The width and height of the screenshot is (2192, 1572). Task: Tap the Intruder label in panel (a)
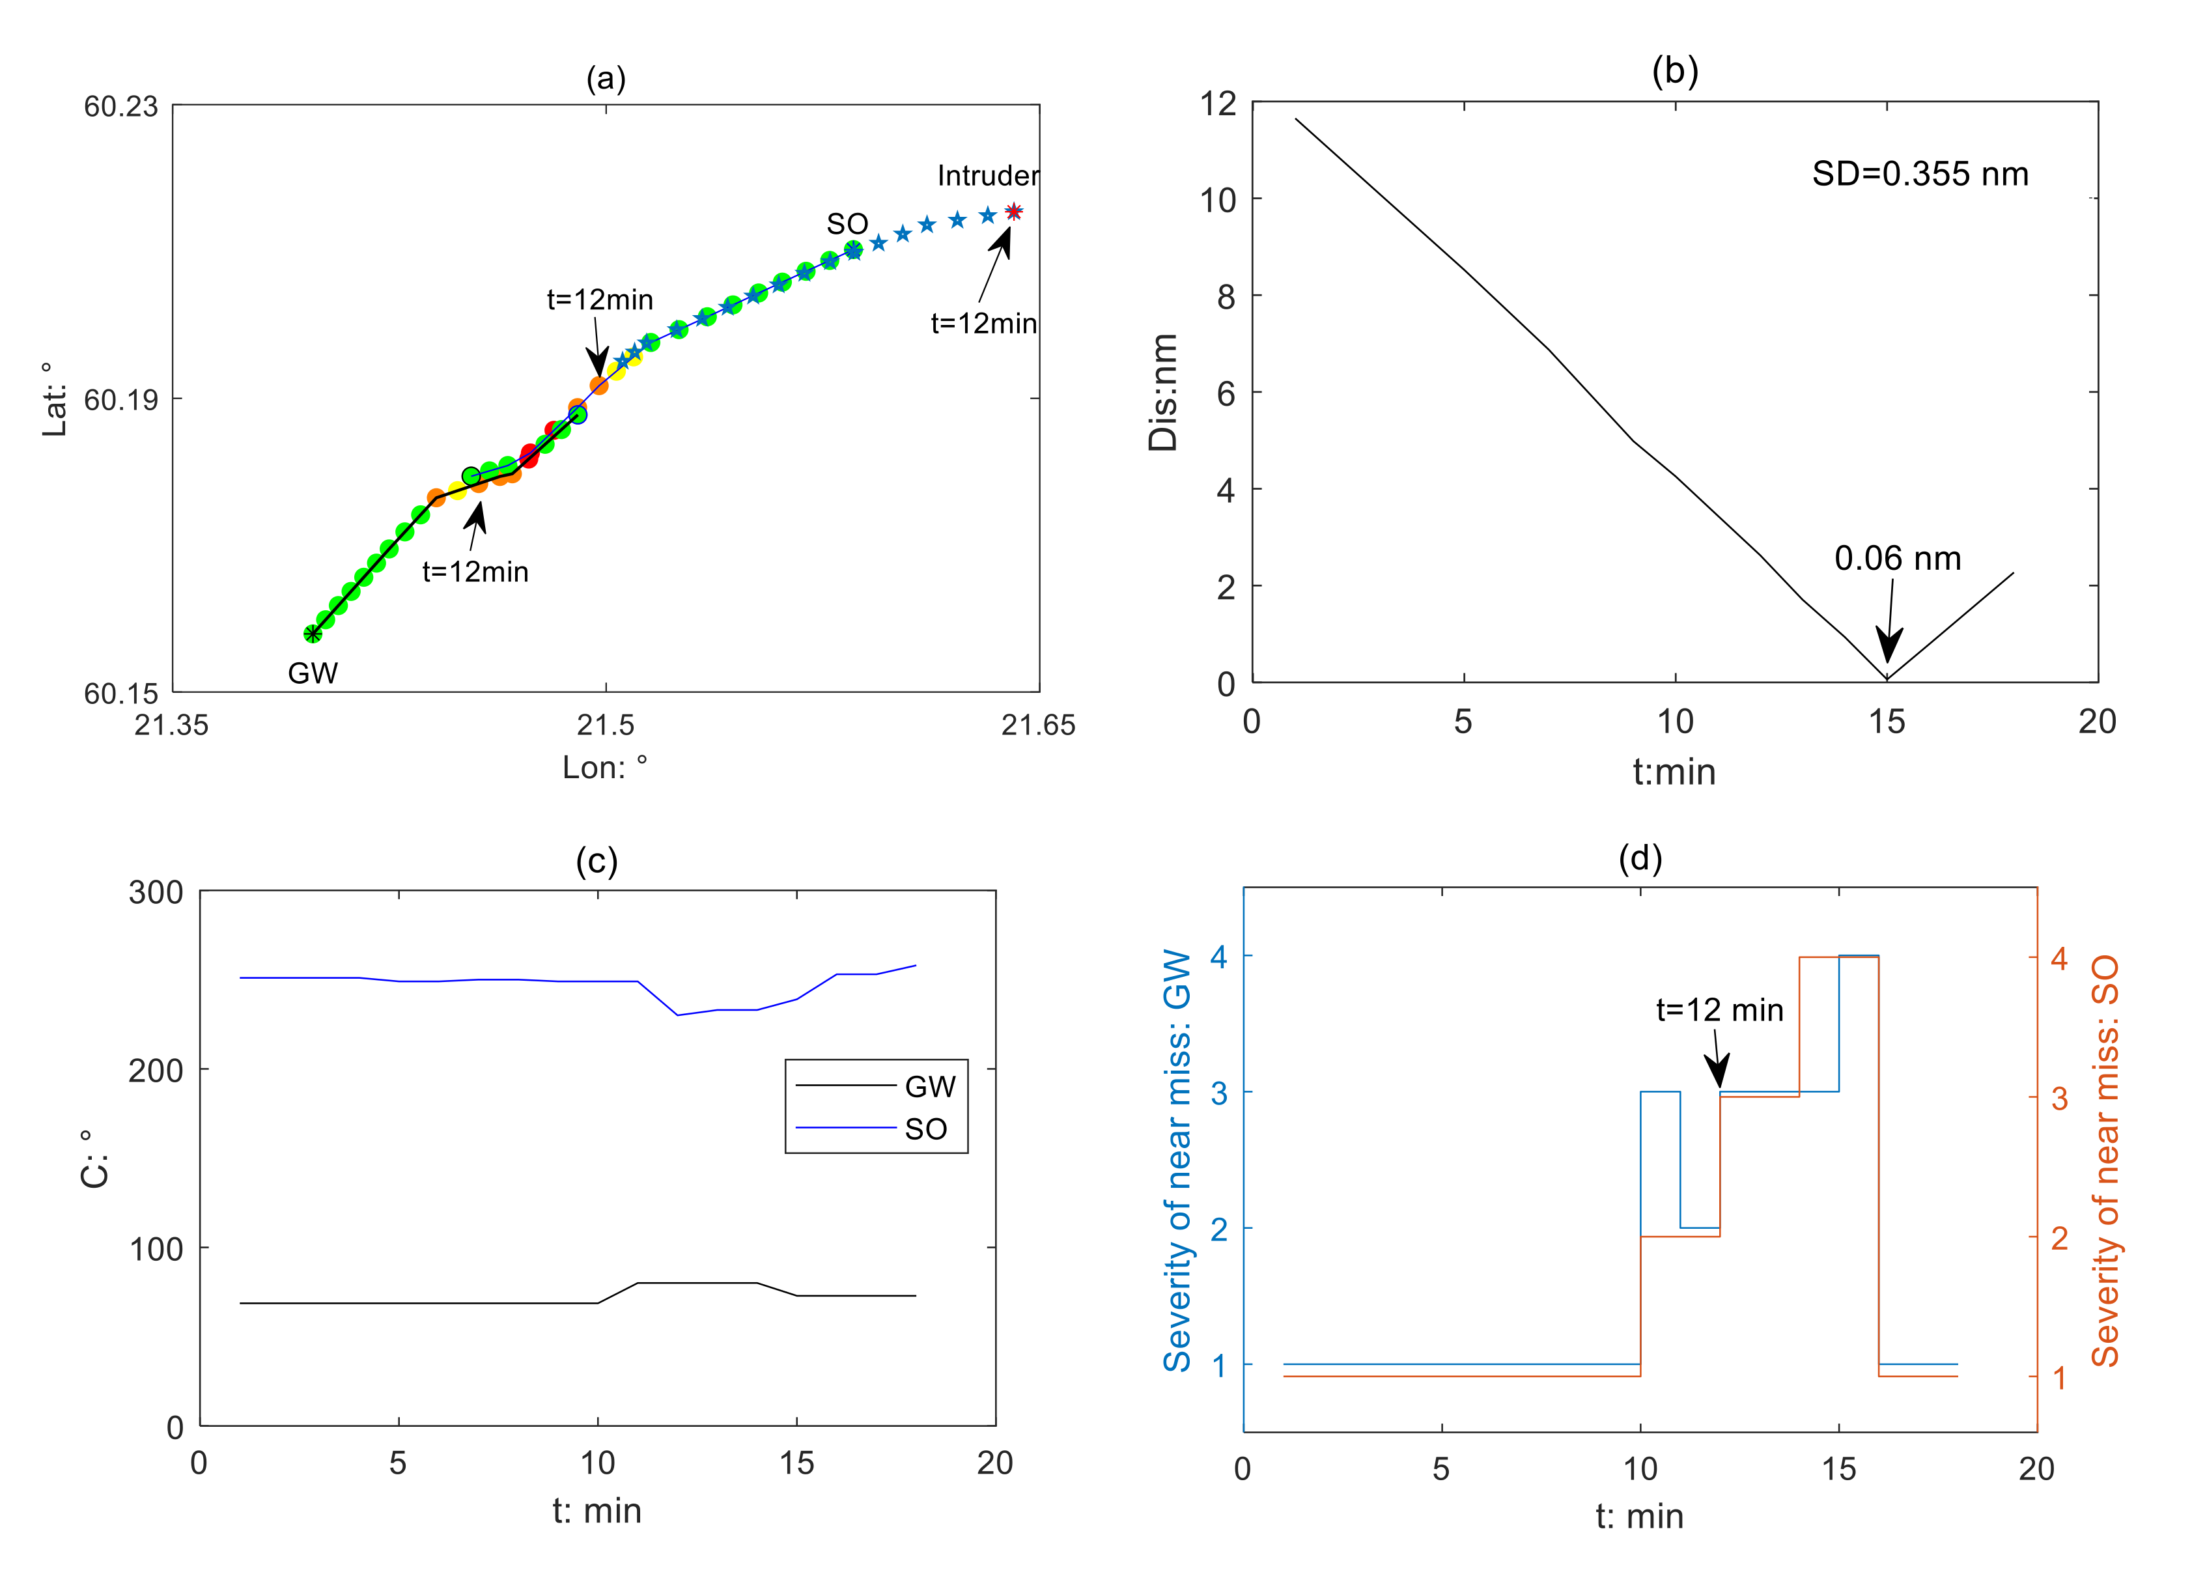tap(988, 176)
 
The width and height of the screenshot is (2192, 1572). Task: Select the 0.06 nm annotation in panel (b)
tap(1897, 559)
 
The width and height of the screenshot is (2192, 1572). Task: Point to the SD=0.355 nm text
tap(1919, 174)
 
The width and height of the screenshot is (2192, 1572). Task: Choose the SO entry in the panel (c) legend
tap(925, 1129)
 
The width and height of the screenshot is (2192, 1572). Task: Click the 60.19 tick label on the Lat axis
tap(121, 399)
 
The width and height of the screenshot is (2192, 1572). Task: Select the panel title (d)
tap(1640, 858)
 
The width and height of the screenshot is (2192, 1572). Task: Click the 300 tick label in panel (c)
tap(156, 893)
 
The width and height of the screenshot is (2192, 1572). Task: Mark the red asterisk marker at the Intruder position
tap(1013, 212)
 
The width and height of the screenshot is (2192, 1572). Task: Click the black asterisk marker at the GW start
tap(312, 634)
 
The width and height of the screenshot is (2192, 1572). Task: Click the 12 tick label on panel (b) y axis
tap(1218, 104)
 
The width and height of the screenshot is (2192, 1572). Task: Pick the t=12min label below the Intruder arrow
tap(983, 324)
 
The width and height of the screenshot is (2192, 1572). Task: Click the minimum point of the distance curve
tap(1887, 679)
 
